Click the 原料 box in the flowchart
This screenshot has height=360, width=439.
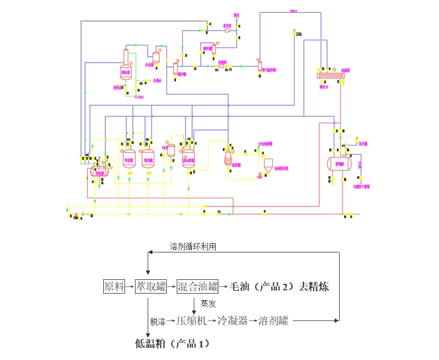115,286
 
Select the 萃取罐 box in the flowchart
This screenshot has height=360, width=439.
150,286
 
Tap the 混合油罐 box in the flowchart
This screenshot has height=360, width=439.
198,286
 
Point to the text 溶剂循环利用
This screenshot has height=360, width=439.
193,246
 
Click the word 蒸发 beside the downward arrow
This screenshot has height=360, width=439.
208,303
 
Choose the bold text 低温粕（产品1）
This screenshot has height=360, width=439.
172,344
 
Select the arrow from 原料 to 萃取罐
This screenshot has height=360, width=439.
131,286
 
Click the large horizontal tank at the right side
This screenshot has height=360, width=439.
338,162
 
